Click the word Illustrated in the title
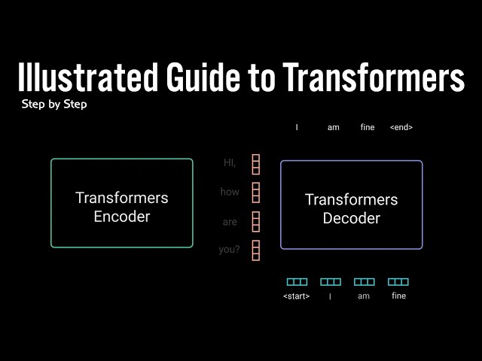[x=83, y=78]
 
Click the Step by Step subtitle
[x=54, y=105]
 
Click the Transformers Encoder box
[x=121, y=203]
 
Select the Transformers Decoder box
[x=352, y=205]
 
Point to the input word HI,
[x=230, y=162]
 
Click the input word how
[x=230, y=192]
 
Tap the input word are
[x=230, y=222]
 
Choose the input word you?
[x=229, y=250]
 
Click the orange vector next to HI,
[x=256, y=164]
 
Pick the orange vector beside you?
[x=256, y=250]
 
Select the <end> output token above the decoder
[x=401, y=127]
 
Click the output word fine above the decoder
[x=368, y=127]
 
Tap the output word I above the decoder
[x=297, y=127]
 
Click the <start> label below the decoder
[x=296, y=296]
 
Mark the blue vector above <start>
[x=297, y=282]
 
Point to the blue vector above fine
[x=398, y=282]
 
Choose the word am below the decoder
[x=364, y=296]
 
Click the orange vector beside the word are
[x=256, y=222]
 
